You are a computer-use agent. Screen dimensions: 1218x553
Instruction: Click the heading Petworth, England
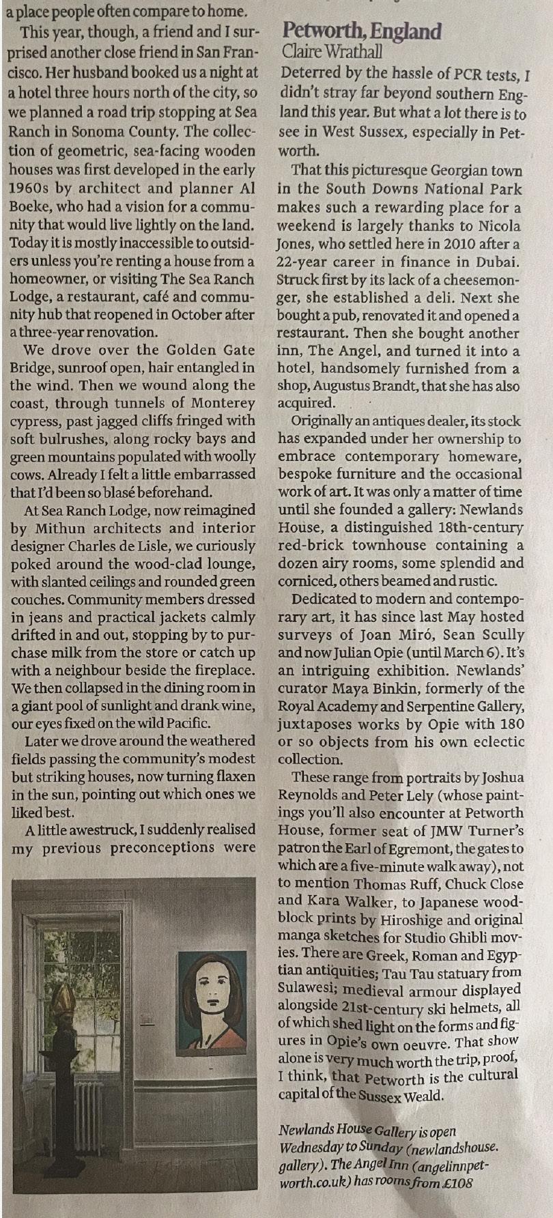pyautogui.click(x=362, y=31)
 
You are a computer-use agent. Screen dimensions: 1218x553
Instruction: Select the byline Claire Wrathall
pyautogui.click(x=332, y=51)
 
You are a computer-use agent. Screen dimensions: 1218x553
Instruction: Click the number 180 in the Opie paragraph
pyautogui.click(x=512, y=724)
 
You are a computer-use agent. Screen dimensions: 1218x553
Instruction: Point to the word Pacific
pyautogui.click(x=185, y=723)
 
